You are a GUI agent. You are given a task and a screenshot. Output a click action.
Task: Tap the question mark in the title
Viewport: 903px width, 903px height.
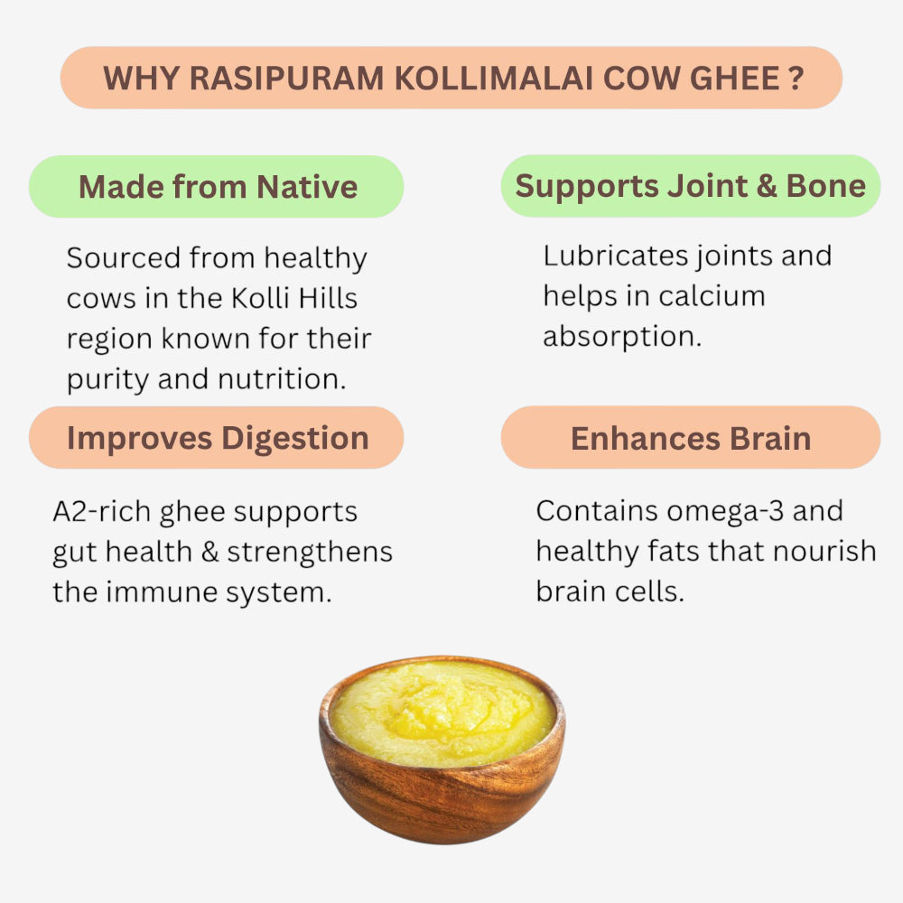[794, 79]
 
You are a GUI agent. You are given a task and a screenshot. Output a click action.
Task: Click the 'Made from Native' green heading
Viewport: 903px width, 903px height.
[218, 187]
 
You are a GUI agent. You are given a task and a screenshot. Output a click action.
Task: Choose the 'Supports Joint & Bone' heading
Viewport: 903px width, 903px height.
[691, 186]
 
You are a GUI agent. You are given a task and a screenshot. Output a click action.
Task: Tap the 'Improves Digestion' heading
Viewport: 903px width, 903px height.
[218, 438]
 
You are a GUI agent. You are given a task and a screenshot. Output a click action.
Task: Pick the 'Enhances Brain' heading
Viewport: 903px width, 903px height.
[691, 438]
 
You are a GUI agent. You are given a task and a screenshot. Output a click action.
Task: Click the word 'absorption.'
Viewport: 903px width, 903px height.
[621, 337]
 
